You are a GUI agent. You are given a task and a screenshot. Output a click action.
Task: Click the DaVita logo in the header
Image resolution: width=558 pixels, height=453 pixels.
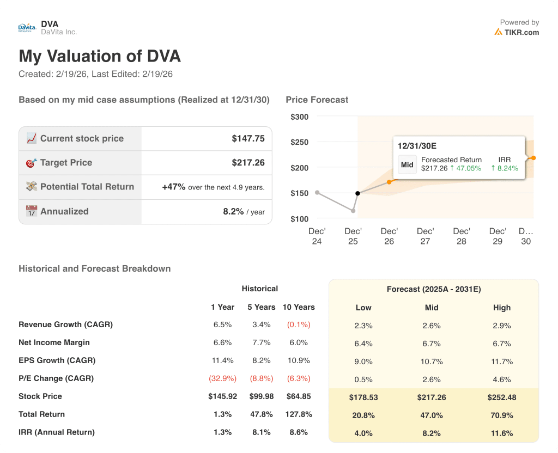point(28,28)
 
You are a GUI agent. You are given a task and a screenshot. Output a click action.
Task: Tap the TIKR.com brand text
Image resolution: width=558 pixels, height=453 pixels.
point(521,32)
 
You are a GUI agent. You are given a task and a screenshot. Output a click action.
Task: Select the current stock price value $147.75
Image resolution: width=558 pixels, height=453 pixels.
point(248,138)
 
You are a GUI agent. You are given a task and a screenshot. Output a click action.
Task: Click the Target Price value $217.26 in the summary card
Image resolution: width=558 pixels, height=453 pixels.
point(248,162)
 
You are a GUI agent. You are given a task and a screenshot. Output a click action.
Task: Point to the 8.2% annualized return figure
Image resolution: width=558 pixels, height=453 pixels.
point(233,211)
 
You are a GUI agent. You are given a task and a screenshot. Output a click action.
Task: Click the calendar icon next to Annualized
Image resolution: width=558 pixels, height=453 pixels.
point(31,211)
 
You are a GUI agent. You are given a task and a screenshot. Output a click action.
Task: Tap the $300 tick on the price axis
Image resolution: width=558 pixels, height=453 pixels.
point(299,117)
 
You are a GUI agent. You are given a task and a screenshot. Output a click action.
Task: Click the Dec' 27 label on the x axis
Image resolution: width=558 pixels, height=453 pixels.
point(425,236)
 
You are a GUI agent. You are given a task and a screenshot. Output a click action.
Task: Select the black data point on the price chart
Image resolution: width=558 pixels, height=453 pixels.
point(357,193)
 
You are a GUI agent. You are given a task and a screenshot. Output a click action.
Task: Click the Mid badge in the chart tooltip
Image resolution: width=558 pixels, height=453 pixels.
point(407,164)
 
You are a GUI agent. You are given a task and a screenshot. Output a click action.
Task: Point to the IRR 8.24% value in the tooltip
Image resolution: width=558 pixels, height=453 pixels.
point(505,168)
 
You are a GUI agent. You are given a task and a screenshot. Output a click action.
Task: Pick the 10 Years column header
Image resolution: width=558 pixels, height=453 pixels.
point(299,307)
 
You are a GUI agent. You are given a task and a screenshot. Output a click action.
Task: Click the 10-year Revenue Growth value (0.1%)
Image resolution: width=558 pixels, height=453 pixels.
point(299,325)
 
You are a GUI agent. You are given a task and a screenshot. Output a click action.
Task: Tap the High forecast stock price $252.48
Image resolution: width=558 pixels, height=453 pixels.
point(501,397)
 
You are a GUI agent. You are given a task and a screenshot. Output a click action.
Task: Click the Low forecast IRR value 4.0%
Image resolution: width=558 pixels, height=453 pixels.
point(363,433)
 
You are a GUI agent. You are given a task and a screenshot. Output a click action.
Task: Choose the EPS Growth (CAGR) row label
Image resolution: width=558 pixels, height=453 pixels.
point(57,360)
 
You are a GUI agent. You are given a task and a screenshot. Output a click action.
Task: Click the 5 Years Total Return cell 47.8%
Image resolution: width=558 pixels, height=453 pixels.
point(261,414)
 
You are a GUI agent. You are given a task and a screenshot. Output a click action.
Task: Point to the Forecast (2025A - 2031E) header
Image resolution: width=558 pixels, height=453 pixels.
point(434,290)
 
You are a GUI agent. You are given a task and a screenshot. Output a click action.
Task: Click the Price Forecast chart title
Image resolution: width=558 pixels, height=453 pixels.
point(317,100)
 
